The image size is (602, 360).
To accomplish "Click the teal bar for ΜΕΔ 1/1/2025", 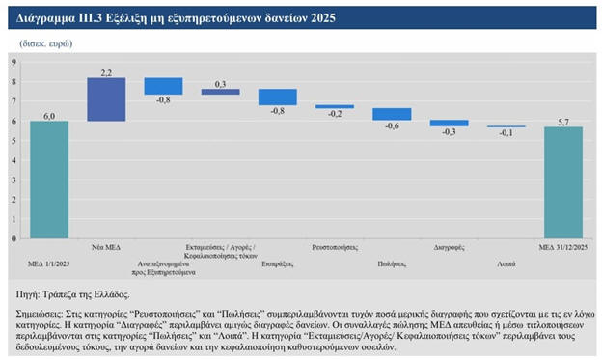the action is click(x=49, y=180).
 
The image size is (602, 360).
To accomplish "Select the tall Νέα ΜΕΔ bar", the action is click(x=106, y=99).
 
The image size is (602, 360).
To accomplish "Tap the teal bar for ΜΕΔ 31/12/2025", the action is click(x=563, y=182).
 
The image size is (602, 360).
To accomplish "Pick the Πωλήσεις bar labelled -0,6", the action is click(x=392, y=114).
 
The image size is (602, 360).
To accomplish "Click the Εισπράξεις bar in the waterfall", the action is click(x=278, y=97).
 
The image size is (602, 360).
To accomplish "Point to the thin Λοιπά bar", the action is click(x=506, y=126).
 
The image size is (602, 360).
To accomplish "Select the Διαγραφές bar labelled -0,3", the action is click(x=450, y=123).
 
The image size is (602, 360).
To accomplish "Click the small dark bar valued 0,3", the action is click(x=220, y=92).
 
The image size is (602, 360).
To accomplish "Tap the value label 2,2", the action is click(x=106, y=73).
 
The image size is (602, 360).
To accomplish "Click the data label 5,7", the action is click(x=563, y=122).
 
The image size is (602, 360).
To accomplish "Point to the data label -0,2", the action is click(x=335, y=114).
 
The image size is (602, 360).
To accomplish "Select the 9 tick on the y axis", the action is click(x=14, y=62).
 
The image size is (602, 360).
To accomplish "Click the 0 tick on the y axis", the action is click(x=14, y=238).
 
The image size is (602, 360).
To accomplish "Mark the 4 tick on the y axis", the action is click(x=14, y=160).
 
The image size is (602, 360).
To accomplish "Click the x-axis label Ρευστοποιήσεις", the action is click(x=335, y=247).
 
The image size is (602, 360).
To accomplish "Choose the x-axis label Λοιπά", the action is click(x=506, y=263).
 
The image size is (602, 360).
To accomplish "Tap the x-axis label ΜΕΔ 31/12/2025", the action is click(x=563, y=247).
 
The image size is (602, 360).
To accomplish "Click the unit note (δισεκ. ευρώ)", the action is click(x=46, y=43).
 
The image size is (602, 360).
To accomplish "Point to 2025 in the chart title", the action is click(x=323, y=17).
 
